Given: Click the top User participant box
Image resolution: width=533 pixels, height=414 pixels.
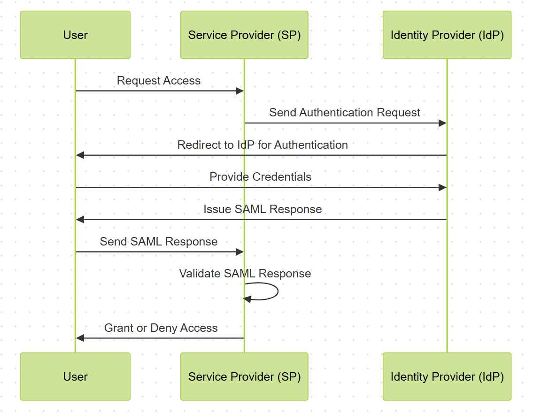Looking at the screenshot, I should coord(75,35).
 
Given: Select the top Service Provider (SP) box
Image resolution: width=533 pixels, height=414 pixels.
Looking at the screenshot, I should coord(244,35).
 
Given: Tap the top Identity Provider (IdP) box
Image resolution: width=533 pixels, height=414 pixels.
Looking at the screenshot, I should coord(447,35).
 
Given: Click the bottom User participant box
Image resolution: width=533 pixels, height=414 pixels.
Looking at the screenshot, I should coord(75,376).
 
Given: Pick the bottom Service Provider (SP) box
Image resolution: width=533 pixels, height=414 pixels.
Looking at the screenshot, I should coord(244,376).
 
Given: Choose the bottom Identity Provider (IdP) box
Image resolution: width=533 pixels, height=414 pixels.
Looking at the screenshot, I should coord(447,376).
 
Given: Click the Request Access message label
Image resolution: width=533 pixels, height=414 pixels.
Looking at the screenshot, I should coord(159,81).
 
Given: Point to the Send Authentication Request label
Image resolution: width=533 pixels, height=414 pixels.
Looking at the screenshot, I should coord(345,113).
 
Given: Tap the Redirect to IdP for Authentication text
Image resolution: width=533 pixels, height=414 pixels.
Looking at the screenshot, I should coord(263,145).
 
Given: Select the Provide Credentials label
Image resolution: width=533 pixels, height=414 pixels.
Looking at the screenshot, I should coord(260,177).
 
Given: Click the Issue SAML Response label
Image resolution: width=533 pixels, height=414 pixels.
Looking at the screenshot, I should coord(263,209).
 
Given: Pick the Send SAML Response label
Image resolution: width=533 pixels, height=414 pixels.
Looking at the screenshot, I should coord(159,242).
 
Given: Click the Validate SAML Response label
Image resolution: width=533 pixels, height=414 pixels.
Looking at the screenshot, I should coord(245,274).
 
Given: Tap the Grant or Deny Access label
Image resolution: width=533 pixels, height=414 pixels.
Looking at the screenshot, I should coord(161,328).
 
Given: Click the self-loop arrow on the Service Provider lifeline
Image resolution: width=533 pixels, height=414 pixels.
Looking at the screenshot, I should coord(277,291).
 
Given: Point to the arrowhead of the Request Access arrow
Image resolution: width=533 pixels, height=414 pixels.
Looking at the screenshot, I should coord(240,91).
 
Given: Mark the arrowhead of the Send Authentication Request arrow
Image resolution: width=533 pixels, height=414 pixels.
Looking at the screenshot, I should coord(442,123).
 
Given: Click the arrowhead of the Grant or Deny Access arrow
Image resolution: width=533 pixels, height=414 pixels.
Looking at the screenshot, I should coord(80,338).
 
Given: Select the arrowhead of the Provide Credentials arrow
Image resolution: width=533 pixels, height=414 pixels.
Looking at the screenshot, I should coord(442,188).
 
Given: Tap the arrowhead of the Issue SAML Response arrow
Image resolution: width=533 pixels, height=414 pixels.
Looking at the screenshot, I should coord(80,220).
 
